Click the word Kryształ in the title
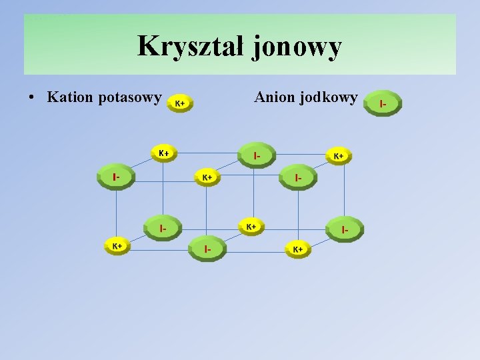[x=191, y=47]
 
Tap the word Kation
[x=70, y=97]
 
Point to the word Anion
[x=274, y=97]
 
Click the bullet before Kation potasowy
[x=32, y=98]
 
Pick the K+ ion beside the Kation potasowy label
[x=180, y=103]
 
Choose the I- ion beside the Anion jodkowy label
[x=383, y=103]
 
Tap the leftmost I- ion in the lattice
[x=116, y=177]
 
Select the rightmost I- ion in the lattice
[x=345, y=229]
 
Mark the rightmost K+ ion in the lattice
[x=339, y=156]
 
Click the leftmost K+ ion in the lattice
[x=117, y=246]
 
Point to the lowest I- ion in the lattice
[x=207, y=249]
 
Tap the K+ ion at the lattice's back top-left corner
[x=163, y=153]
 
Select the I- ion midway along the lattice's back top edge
[x=257, y=155]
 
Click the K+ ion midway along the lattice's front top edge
[x=207, y=177]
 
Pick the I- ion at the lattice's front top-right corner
[x=298, y=177]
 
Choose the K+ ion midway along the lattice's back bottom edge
[x=251, y=227]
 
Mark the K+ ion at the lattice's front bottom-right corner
[x=298, y=249]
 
